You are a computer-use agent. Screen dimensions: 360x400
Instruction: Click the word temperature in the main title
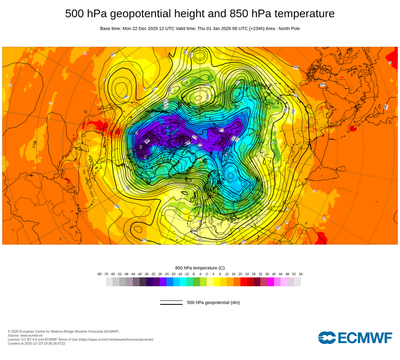pos(302,14)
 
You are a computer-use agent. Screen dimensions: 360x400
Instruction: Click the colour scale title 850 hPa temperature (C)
pos(200,268)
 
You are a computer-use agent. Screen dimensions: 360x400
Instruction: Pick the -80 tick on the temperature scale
pos(99,274)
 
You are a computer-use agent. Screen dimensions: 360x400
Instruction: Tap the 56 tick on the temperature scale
pos(300,274)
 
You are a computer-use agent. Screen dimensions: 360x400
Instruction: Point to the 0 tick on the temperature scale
pos(207,274)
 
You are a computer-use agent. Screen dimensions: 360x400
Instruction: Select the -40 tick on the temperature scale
pos(140,274)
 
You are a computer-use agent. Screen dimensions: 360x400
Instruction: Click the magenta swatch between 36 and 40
pos(270,282)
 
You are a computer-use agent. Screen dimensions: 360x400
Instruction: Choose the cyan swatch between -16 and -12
pos(183,282)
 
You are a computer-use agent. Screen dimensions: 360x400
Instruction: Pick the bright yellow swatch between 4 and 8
pos(217,282)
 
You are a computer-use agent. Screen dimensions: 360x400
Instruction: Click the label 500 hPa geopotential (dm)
pos(213,302)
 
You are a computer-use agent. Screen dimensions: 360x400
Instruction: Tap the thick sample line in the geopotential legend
pos(171,304)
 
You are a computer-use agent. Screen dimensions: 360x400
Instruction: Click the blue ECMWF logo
pos(355,338)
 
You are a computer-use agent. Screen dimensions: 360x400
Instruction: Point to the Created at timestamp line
pos(36,343)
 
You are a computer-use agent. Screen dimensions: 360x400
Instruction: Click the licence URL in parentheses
pos(116,339)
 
